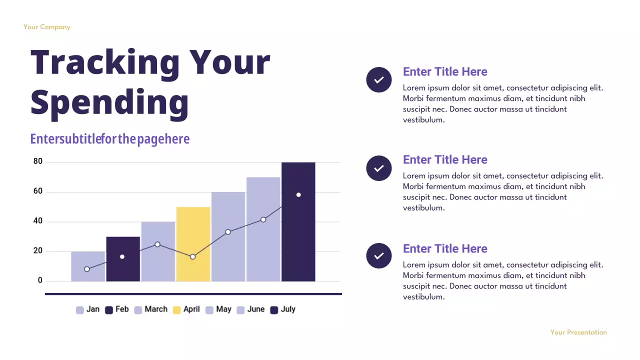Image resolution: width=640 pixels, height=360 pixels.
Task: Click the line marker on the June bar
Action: [x=263, y=219]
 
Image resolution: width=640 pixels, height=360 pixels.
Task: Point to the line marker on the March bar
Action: [x=157, y=244]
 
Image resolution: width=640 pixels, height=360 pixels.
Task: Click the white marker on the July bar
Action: [x=298, y=195]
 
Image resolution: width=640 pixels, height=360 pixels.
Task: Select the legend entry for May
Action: [x=218, y=309]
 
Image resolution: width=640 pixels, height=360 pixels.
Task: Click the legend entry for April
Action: [x=186, y=309]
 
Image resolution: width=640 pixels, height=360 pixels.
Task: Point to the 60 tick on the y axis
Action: [x=38, y=191]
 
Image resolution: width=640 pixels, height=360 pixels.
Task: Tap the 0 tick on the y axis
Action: [x=40, y=281]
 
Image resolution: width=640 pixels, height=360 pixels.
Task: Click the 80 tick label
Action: [x=38, y=161]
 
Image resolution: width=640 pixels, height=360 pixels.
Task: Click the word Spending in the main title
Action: [x=110, y=102]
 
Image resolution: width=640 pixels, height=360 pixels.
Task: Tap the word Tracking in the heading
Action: [x=105, y=62]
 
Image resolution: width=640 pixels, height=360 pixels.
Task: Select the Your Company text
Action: [x=47, y=27]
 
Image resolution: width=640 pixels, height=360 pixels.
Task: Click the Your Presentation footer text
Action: [x=578, y=332]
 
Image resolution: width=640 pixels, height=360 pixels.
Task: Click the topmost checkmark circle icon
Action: [x=379, y=79]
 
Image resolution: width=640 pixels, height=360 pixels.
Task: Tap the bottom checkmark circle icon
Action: [x=379, y=255]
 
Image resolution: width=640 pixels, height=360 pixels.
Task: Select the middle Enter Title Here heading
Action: [x=445, y=160]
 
